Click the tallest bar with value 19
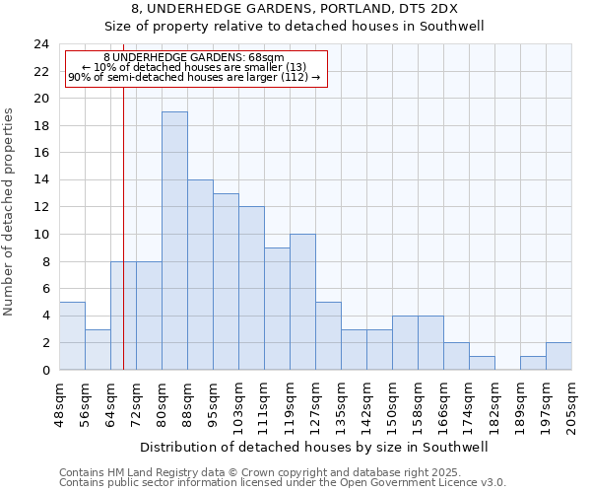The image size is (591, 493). pos(174,241)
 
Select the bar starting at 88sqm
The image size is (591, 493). pos(200,274)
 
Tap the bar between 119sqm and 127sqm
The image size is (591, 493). pos(302,302)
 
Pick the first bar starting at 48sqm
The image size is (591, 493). pos(72,335)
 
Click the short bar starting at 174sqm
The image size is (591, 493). pos(482,363)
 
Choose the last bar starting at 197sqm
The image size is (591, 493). pos(558,356)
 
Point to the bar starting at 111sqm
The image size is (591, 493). pos(277,309)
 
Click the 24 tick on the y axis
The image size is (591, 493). pos(41,44)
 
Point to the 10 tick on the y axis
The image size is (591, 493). pos(41,235)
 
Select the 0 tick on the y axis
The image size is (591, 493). pos(45,370)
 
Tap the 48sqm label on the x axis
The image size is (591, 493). pos(59,405)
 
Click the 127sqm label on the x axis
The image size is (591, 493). pos(316,405)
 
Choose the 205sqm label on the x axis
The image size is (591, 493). pos(572,405)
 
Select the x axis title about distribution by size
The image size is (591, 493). pos(315,447)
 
